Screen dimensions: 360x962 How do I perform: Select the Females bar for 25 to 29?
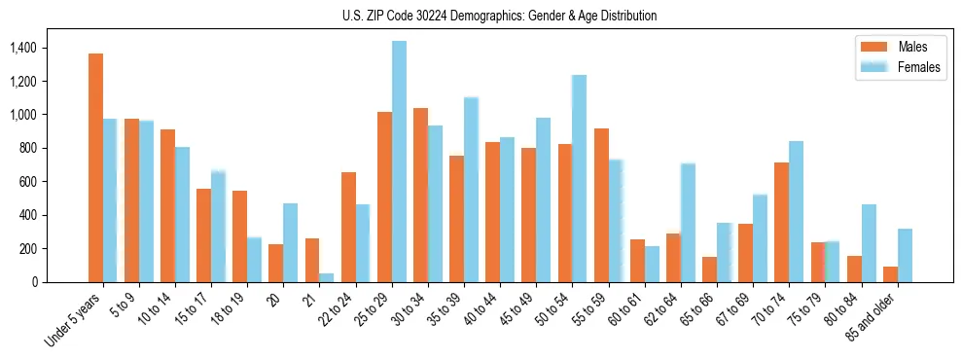pos(399,162)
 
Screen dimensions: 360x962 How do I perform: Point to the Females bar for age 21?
pos(327,277)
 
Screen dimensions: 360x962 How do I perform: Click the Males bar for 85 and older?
pos(891,274)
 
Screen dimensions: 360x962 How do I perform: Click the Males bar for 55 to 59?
pos(601,205)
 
